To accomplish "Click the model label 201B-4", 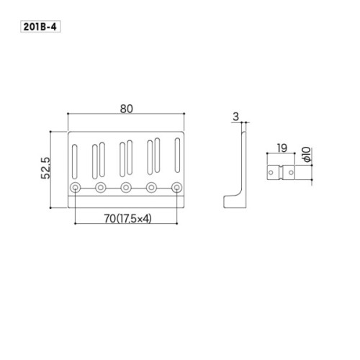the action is point(40,27).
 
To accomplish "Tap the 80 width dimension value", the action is point(126,109).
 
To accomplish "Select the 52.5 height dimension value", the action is point(46,168).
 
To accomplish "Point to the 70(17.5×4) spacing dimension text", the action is point(127,219).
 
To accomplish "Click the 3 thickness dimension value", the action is point(236,117).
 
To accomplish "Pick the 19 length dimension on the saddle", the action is point(282,148).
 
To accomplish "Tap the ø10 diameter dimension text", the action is point(307,155).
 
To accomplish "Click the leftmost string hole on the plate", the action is point(76,187).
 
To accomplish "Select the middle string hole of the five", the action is point(126,187).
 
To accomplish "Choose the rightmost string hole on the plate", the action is point(177,187).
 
